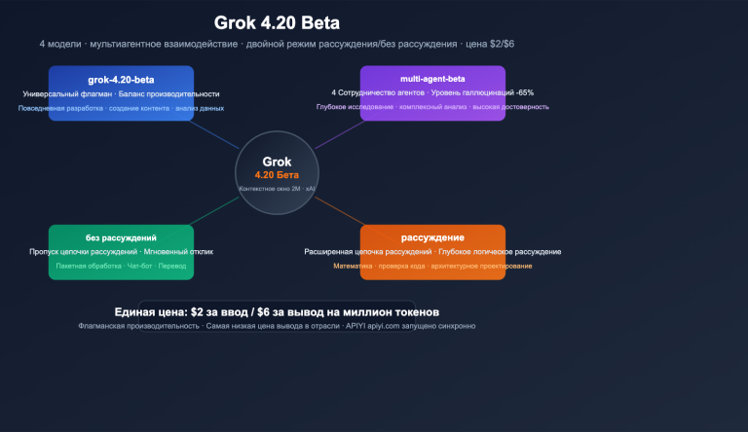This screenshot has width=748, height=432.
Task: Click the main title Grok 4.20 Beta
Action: (277, 23)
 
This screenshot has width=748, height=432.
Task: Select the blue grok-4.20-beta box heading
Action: (121, 79)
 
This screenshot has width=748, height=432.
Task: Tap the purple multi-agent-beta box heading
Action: (432, 78)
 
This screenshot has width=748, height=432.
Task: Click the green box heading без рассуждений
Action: (121, 237)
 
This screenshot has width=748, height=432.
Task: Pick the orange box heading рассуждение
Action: (432, 237)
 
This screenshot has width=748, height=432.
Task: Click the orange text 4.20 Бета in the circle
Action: (277, 174)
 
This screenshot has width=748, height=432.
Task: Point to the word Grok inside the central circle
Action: (277, 162)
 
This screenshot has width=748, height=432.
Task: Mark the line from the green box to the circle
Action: (216, 211)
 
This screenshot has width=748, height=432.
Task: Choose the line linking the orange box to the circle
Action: (337, 211)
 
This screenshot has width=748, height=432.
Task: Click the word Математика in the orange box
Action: (351, 266)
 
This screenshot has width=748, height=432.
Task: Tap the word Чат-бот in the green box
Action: (140, 266)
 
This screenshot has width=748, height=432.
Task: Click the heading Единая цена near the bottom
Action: (151, 311)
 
